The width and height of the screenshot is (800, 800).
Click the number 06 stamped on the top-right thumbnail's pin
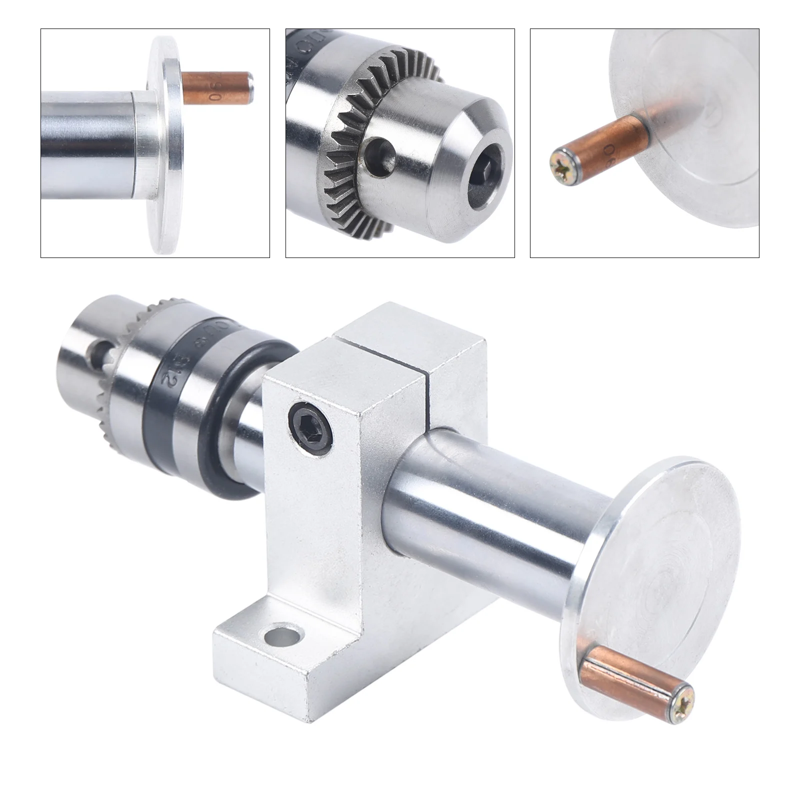pyautogui.click(x=610, y=150)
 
